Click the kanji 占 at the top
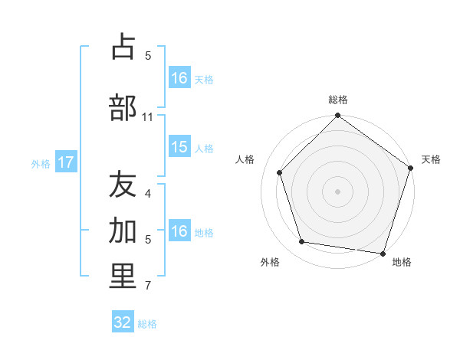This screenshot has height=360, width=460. (x=123, y=47)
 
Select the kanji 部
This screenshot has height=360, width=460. (x=123, y=107)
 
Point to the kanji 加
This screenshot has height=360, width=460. (x=123, y=231)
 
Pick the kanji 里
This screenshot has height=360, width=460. (x=123, y=277)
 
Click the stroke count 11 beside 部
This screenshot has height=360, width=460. (x=148, y=117)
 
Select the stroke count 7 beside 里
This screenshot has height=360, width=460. (x=148, y=286)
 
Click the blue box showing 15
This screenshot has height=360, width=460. (x=179, y=147)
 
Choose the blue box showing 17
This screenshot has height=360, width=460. (x=66, y=162)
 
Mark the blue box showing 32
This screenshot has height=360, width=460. (x=123, y=322)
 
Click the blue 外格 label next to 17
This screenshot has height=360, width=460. (x=41, y=163)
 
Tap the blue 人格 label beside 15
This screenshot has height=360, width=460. (x=204, y=148)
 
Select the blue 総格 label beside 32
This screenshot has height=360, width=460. (x=148, y=323)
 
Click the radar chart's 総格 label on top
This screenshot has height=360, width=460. (x=338, y=100)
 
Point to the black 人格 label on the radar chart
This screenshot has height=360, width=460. (x=245, y=159)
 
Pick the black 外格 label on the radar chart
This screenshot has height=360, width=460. (x=270, y=262)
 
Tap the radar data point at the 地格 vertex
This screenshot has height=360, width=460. (x=383, y=253)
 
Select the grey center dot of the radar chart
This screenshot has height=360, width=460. (x=337, y=191)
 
